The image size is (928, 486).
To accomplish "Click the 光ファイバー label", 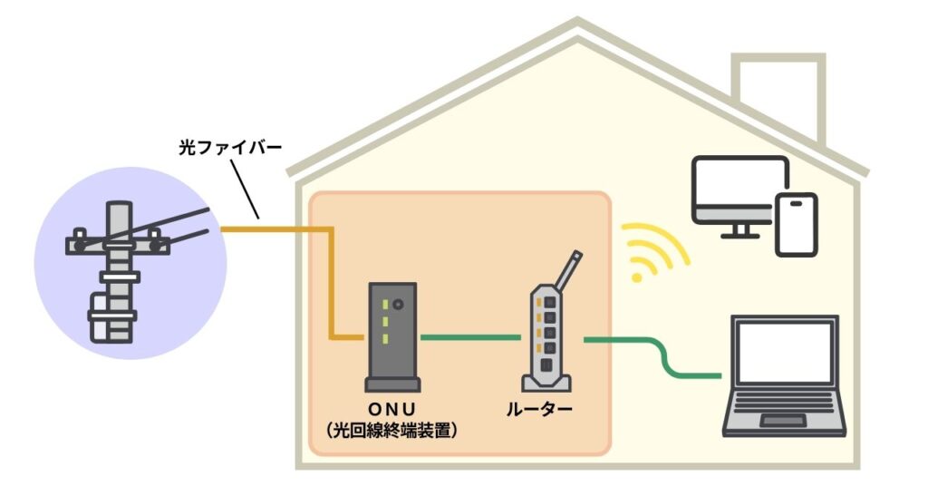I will click(218, 147).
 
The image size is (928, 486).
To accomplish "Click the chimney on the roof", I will click(777, 95).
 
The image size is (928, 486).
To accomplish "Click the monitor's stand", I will click(739, 231).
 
